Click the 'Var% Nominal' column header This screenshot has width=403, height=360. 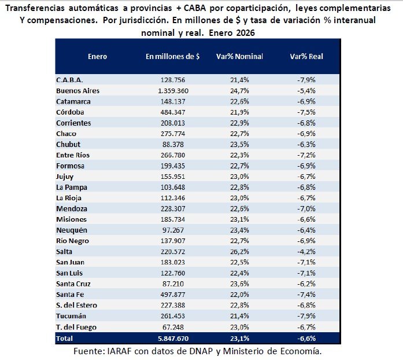point(239,57)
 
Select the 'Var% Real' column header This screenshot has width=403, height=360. point(306,57)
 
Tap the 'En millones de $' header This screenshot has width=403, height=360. point(173,57)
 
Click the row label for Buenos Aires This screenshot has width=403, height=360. point(77,91)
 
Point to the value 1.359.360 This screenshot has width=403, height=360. point(173,91)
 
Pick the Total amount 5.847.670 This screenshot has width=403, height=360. point(173,337)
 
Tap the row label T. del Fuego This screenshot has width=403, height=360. point(77,326)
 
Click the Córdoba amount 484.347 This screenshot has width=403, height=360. point(173,112)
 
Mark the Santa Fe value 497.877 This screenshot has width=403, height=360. point(173,295)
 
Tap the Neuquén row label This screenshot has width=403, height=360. point(72,230)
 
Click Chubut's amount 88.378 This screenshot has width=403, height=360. point(173,144)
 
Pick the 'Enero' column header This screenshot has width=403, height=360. point(97,57)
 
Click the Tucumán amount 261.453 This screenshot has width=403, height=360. point(173,316)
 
